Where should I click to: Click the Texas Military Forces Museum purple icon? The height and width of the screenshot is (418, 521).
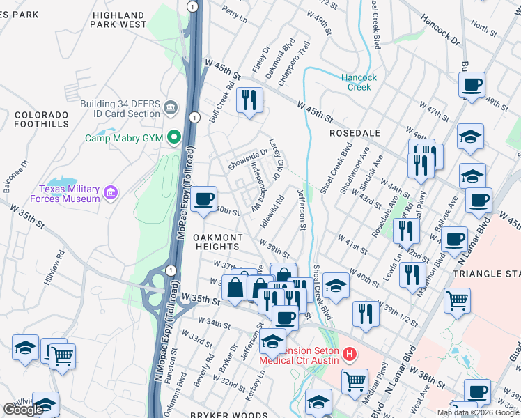pyautogui.click(x=110, y=192)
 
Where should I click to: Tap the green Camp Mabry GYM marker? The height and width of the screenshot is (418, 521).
pyautogui.click(x=173, y=138)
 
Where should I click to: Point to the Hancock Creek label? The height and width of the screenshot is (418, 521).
pyautogui.click(x=359, y=82)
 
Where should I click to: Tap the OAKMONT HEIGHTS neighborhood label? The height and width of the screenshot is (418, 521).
pyautogui.click(x=223, y=242)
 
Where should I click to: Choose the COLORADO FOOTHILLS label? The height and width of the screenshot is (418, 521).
pyautogui.click(x=42, y=119)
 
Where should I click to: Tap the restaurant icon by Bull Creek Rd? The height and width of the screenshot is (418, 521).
pyautogui.click(x=248, y=100)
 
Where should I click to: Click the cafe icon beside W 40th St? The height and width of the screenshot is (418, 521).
pyautogui.click(x=203, y=199)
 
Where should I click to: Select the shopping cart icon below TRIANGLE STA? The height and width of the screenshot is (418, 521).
pyautogui.click(x=457, y=300)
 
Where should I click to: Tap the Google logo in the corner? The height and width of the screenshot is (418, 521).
pyautogui.click(x=23, y=410)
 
